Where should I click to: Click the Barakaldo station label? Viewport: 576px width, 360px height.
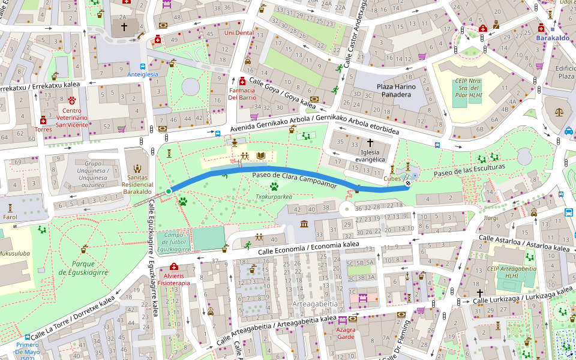(553, 38)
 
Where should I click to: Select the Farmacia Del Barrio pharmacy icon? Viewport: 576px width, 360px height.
(242, 82)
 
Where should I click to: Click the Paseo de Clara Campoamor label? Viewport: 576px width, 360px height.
(294, 178)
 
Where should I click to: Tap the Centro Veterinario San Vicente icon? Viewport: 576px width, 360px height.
(72, 100)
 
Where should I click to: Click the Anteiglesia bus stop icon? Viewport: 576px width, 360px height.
(143, 67)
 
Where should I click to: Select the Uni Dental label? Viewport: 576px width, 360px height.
(238, 33)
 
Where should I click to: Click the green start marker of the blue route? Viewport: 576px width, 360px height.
(169, 191)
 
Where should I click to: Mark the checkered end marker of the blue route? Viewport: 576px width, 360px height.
(408, 184)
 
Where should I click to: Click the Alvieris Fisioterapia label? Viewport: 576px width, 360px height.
(173, 279)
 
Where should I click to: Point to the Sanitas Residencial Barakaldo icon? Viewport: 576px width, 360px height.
(137, 168)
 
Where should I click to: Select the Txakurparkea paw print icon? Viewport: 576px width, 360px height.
(274, 187)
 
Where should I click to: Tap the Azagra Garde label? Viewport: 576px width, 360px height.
(346, 333)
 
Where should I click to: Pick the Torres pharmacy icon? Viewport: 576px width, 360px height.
(43, 120)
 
